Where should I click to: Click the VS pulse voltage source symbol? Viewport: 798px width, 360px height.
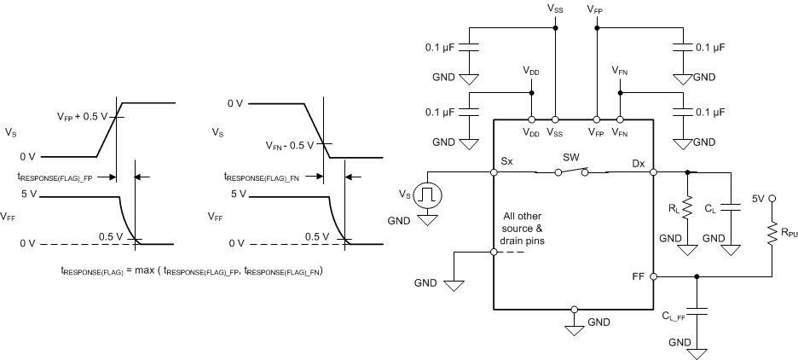coord(424,195)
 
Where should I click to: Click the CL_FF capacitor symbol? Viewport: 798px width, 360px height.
coord(699,310)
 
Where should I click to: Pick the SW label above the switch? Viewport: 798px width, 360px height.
coord(572,158)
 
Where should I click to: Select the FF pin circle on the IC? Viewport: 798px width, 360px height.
coord(653,276)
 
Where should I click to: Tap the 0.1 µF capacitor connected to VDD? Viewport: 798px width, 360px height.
coord(468,111)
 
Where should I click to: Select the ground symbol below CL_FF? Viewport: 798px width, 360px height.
coord(699,352)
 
